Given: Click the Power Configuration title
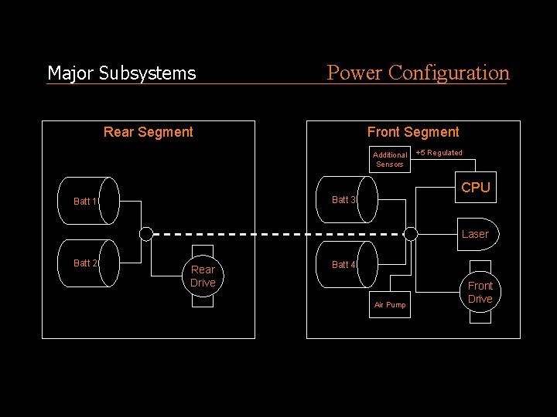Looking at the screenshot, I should tap(418, 73).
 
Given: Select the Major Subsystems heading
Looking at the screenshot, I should tap(121, 73).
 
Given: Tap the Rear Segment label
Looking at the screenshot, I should tap(149, 132).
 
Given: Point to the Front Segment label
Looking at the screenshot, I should tap(413, 132).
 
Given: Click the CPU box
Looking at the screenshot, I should tap(475, 188).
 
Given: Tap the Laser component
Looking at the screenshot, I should tap(475, 234).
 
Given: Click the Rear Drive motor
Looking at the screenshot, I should tap(203, 276).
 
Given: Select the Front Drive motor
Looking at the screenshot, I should tap(480, 293).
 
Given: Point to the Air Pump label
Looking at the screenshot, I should tap(390, 305).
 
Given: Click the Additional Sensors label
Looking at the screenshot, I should tap(390, 159).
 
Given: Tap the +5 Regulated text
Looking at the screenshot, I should tap(439, 153).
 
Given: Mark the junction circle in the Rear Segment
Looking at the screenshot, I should tap(146, 234).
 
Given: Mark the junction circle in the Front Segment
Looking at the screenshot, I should tap(411, 234).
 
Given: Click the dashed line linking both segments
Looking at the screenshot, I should tap(278, 234).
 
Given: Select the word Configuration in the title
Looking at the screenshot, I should tap(449, 73).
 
